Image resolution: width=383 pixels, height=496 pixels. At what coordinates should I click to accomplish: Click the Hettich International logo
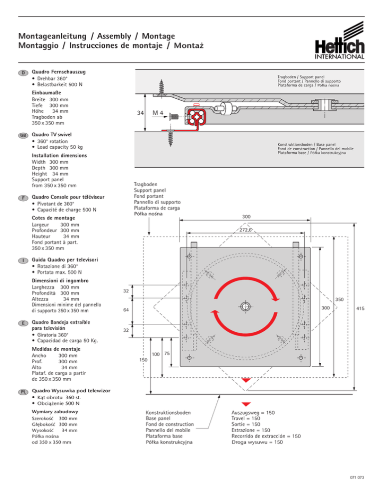coord(339,40)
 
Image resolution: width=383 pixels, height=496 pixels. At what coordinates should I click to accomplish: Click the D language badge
coord(23,73)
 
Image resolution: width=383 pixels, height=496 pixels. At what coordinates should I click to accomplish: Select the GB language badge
coord(23,135)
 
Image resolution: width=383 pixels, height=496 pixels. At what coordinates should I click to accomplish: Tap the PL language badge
coord(23,392)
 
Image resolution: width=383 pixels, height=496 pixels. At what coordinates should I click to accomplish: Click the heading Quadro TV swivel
coord(51,134)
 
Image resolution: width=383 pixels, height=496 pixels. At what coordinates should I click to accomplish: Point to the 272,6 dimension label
coord(245,230)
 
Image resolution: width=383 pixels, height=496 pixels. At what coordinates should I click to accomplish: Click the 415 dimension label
coord(360,308)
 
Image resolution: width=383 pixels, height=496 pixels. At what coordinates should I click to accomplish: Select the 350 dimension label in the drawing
coord(339,299)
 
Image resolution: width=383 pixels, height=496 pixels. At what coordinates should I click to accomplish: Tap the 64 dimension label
coord(126,310)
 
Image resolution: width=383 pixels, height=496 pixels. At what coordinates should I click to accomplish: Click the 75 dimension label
coord(167,353)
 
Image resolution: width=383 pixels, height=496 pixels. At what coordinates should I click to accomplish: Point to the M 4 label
coord(158,113)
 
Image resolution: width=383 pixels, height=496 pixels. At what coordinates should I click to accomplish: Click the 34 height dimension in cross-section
coord(140,113)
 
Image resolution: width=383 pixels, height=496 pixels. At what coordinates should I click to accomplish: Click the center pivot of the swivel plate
coord(245,306)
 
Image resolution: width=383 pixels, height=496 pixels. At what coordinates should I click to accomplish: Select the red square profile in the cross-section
coord(196,117)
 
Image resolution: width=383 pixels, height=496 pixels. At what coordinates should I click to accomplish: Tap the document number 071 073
coord(357,478)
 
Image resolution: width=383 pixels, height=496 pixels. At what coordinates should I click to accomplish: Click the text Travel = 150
coord(246,418)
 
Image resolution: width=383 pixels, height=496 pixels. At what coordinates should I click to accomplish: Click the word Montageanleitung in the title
coord(52,36)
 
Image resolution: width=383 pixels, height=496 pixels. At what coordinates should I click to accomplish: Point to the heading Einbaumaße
coord(46,93)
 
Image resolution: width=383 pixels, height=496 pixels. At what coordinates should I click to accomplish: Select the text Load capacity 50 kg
coord(60,147)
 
